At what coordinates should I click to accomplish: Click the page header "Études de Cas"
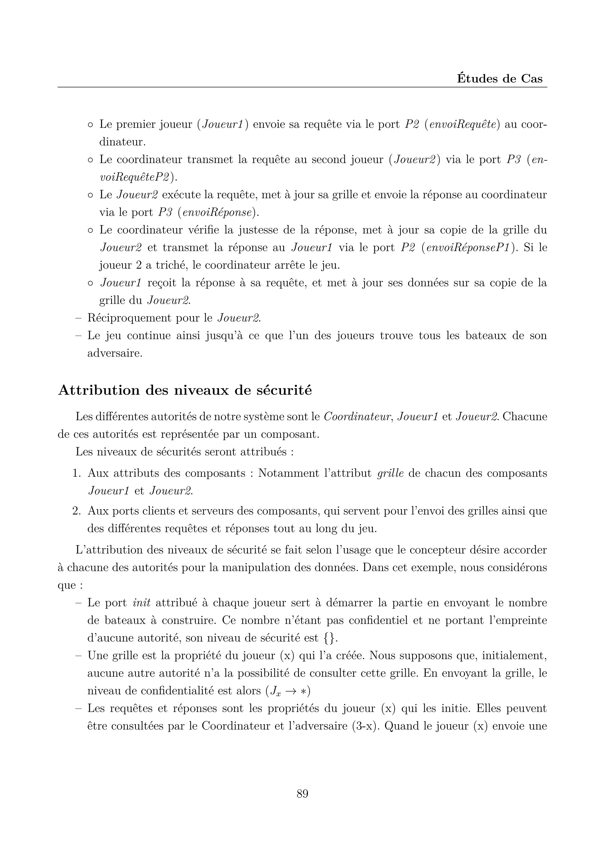click(500, 79)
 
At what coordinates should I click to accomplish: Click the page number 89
click(302, 794)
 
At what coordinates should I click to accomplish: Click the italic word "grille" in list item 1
click(391, 473)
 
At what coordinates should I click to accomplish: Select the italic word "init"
click(142, 603)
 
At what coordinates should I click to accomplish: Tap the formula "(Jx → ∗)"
click(288, 691)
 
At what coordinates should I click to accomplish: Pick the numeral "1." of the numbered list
click(77, 473)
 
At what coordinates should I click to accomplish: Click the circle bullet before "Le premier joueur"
click(90, 125)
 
